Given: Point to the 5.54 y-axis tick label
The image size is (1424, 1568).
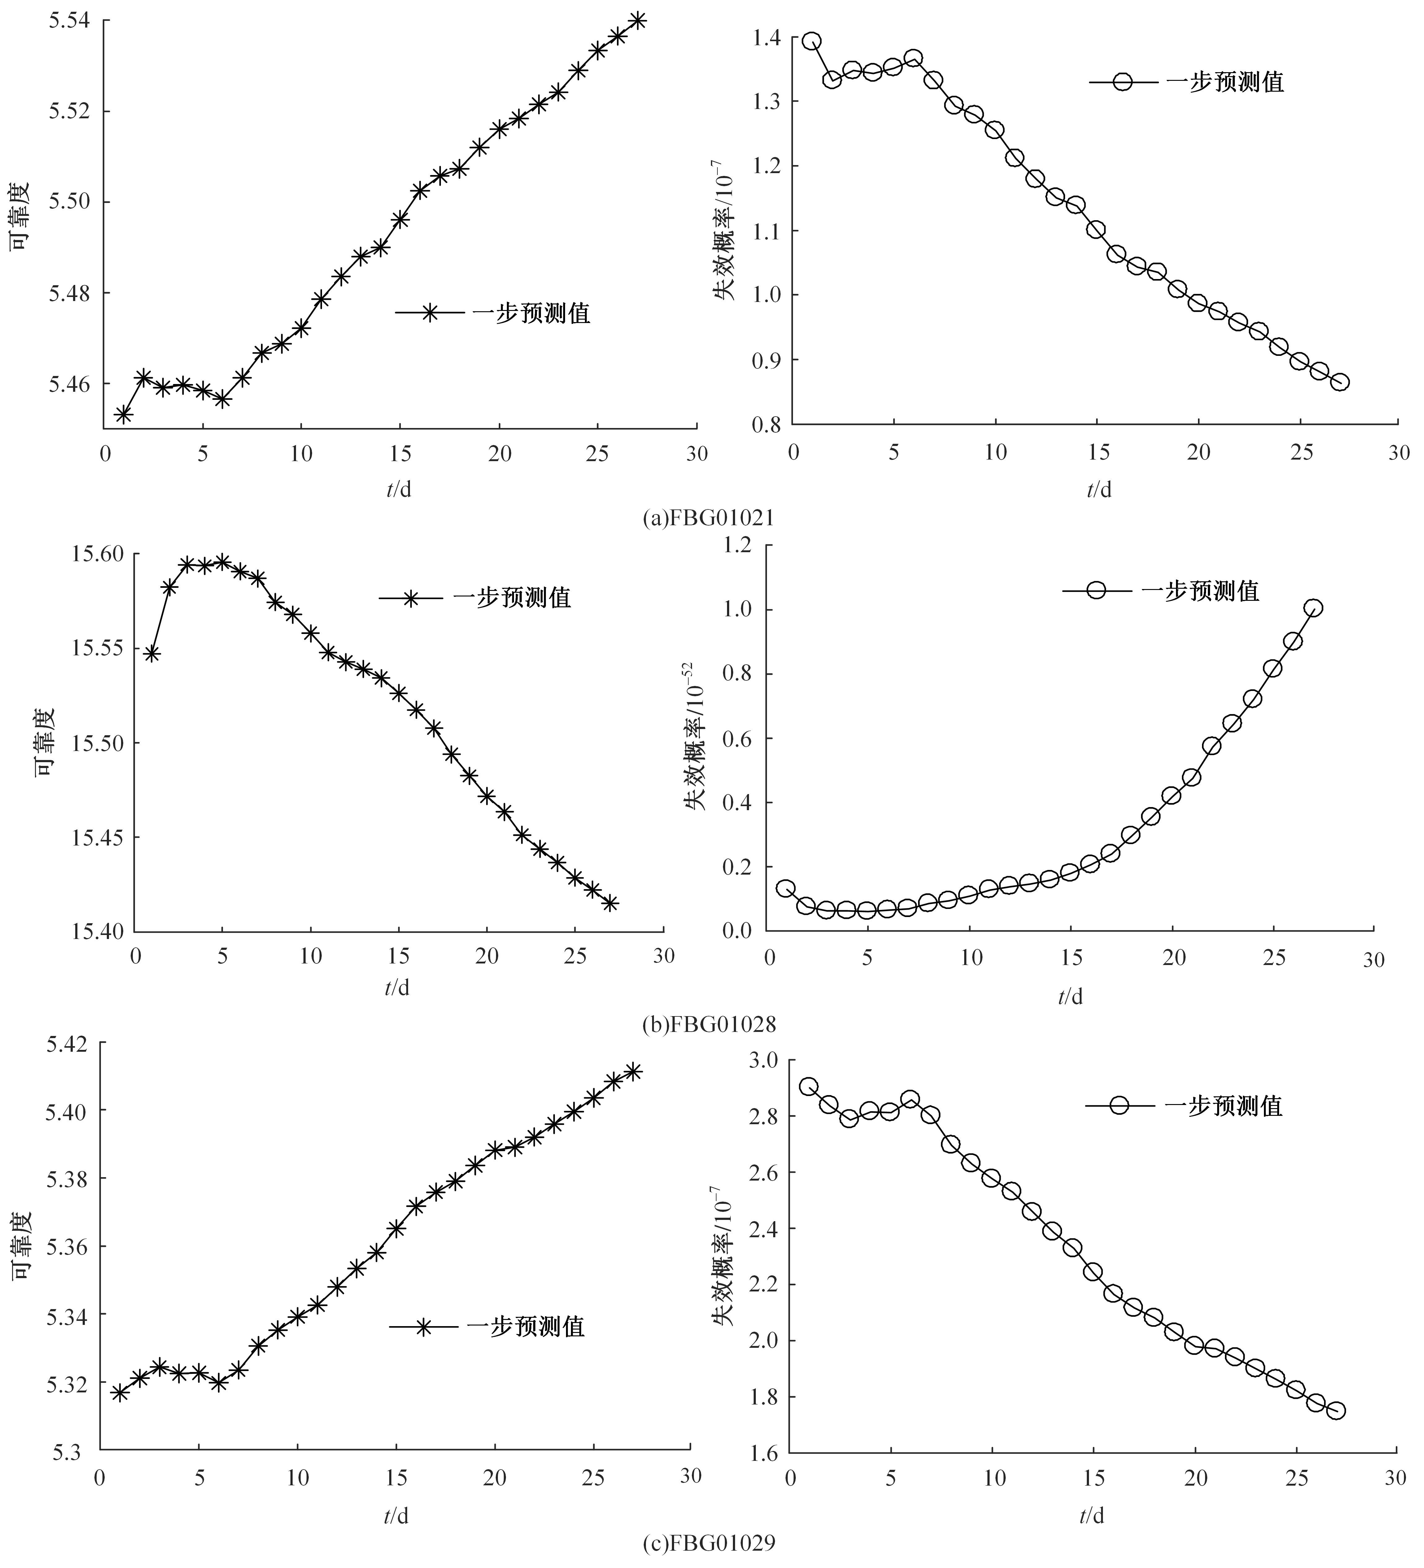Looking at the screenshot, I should click(68, 20).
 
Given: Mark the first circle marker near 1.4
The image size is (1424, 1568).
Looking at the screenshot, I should click(812, 41).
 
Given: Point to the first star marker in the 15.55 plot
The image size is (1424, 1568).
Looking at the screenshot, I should click(152, 654).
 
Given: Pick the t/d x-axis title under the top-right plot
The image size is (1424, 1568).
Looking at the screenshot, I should click(1099, 489).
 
